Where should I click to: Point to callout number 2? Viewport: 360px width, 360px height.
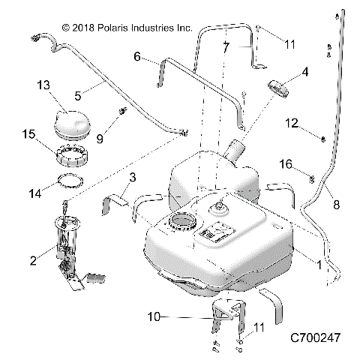[x=33, y=260]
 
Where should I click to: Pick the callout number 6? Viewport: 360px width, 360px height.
[x=137, y=56]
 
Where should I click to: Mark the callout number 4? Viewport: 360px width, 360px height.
[x=305, y=72]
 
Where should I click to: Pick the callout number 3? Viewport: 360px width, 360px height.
[x=133, y=177]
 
